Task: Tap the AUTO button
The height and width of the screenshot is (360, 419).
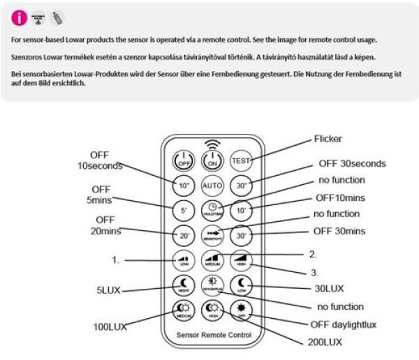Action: (212, 186)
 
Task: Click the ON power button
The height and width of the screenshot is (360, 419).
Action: (212, 160)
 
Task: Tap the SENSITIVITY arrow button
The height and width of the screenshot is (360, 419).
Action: (212, 235)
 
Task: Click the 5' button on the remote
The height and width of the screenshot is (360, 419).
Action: (183, 210)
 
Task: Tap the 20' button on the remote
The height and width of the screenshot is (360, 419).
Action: (183, 235)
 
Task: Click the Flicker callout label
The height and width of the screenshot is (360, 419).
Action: (328, 140)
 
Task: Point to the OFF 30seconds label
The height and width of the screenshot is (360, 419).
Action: (352, 164)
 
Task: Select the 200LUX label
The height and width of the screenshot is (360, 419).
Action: (325, 342)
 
